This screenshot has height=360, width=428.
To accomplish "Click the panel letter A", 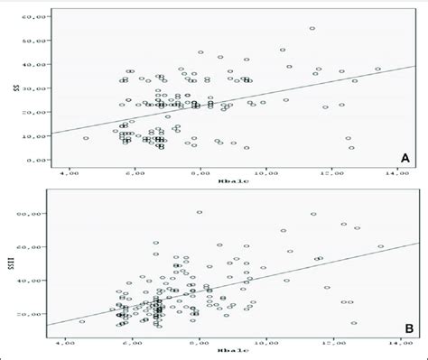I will pos(406,159).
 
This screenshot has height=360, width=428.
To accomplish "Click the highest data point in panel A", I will pos(312,28).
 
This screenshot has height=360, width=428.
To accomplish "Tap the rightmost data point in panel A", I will pos(378,69).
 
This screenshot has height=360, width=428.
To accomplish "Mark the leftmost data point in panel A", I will pos(86,138).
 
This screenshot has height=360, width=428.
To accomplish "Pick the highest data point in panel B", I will pos(200,212).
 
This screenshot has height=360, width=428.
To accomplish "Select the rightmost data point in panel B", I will pos(380,246).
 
